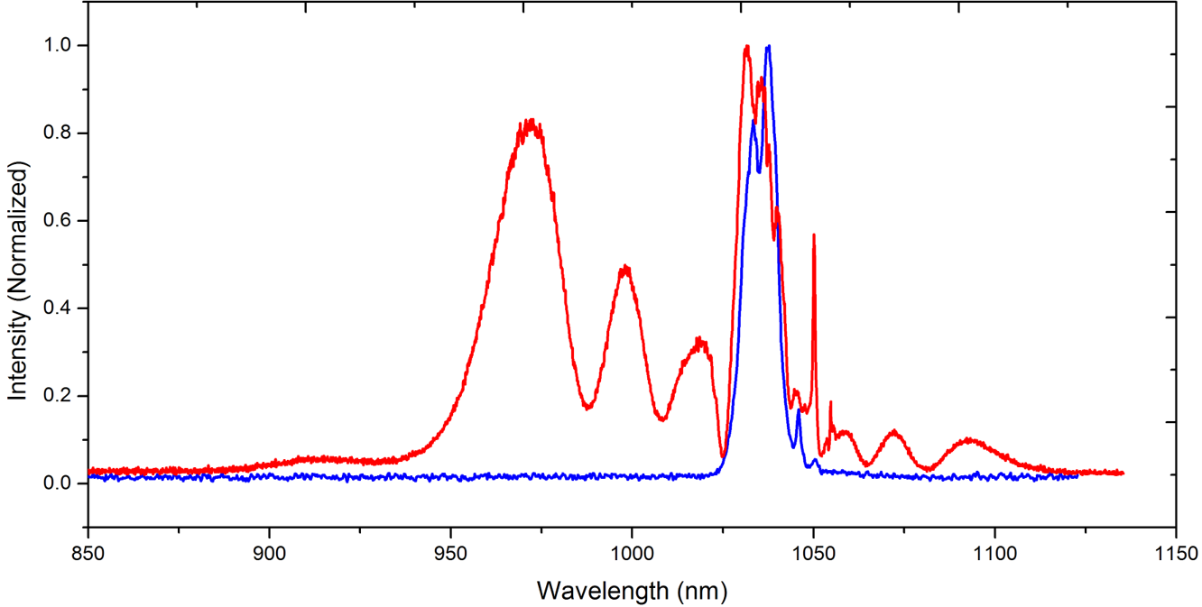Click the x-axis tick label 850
pos(88,552)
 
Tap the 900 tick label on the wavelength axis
pos(269,552)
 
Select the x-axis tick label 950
pos(450,552)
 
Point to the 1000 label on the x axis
pos(632,552)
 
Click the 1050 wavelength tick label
pos(813,552)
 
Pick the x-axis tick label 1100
pos(994,552)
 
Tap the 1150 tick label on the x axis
pos(1175,552)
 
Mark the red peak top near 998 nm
pos(624,266)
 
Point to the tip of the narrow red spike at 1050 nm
pos(814,235)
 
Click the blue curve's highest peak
pos(768,46)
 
